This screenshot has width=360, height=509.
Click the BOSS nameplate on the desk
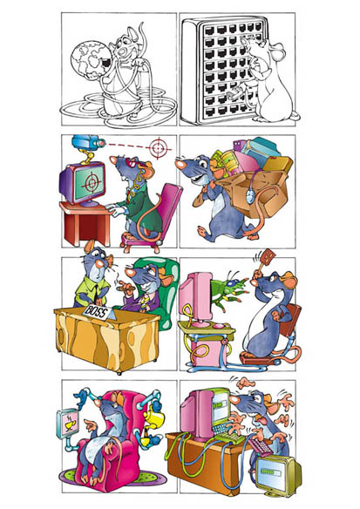pyautogui.click(x=99, y=313)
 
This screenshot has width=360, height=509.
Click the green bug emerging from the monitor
pyautogui.click(x=228, y=289)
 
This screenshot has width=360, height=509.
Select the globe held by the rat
pyautogui.click(x=92, y=60)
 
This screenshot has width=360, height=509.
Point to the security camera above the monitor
pyautogui.click(x=88, y=143)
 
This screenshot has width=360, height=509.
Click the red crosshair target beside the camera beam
pyautogui.click(x=159, y=148)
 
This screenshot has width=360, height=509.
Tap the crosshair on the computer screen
pyautogui.click(x=92, y=182)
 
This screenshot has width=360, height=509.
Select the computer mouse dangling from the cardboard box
pyautogui.click(x=249, y=197)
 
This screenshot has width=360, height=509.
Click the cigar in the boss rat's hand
pyautogui.click(x=126, y=288)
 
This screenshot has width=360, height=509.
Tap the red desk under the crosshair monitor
pyautogui.click(x=86, y=223)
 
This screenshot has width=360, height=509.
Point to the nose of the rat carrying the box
pyautogui.click(x=179, y=163)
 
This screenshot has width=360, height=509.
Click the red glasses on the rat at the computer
pyautogui.click(x=133, y=162)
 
